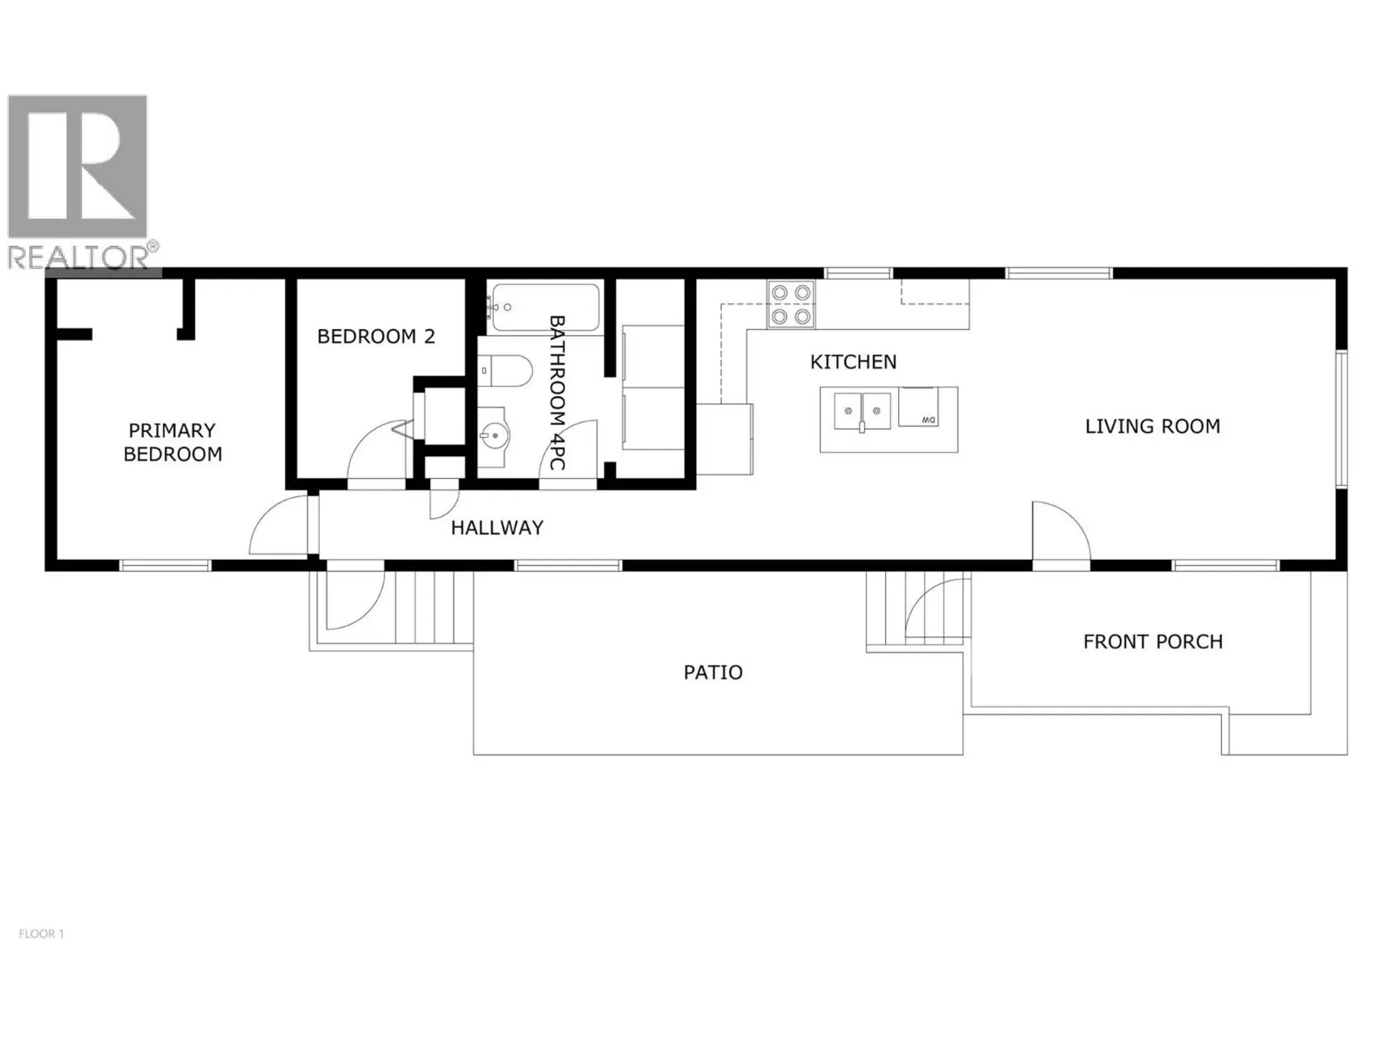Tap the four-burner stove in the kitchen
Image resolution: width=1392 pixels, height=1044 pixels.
790,304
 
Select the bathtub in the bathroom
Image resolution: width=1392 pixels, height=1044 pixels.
545,307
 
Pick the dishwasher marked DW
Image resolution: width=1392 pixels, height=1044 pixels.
918,407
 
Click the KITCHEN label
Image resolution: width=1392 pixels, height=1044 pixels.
853,362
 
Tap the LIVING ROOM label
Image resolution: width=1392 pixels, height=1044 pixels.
1152,426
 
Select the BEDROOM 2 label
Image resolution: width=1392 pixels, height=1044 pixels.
376,336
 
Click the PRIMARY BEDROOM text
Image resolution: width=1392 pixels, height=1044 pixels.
173,442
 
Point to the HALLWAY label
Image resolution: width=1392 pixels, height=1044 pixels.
497,528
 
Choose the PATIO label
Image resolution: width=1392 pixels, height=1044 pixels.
713,673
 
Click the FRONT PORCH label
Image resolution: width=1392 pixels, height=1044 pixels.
1152,642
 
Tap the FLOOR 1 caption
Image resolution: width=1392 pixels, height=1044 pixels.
41,934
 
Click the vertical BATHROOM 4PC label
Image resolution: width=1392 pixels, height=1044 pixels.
557,391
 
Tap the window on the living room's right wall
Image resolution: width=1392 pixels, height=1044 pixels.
1341,419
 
